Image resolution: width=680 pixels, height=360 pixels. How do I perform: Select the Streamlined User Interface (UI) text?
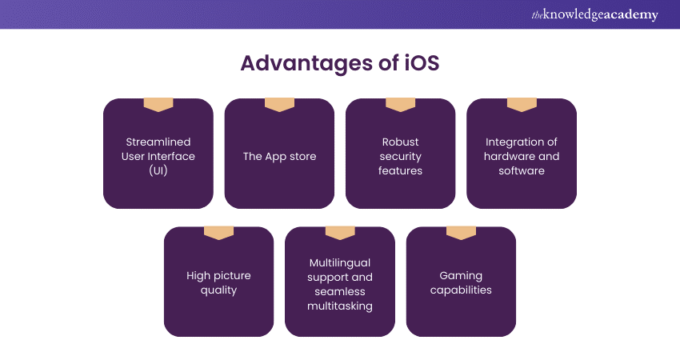(x=158, y=156)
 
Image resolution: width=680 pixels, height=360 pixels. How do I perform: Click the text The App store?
(x=279, y=156)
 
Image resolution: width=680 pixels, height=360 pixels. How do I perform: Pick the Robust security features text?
(x=400, y=156)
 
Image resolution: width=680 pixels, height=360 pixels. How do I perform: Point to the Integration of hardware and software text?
(x=522, y=156)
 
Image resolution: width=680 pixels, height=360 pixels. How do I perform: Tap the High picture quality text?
(x=218, y=283)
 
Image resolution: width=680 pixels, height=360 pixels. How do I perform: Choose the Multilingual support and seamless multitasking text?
(x=340, y=284)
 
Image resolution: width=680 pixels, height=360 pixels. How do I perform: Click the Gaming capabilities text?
(x=461, y=283)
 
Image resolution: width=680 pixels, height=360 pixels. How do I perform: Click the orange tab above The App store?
(x=279, y=105)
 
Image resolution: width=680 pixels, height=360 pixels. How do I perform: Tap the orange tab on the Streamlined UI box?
(x=158, y=105)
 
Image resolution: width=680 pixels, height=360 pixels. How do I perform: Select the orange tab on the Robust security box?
(x=400, y=105)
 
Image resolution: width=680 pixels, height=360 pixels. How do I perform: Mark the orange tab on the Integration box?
(x=522, y=105)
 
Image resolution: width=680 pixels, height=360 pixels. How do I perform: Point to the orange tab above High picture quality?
(x=218, y=233)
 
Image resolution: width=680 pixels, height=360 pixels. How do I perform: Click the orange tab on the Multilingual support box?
(x=340, y=233)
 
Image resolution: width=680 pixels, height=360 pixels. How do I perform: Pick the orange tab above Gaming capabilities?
(x=461, y=233)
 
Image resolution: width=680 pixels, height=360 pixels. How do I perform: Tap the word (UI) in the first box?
(x=158, y=170)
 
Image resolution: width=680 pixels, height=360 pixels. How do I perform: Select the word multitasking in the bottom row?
(x=340, y=306)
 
